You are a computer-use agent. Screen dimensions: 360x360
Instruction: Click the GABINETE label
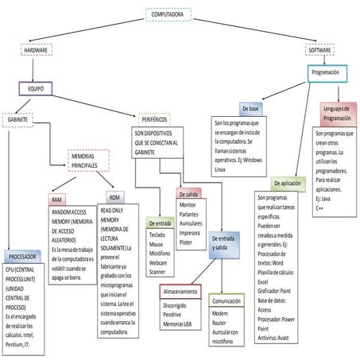coord(18,119)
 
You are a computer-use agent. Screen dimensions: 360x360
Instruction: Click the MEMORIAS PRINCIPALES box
coord(88,159)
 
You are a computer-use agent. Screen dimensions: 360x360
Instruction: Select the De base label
coord(249,106)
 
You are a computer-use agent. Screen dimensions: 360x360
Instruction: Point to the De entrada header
coord(161,224)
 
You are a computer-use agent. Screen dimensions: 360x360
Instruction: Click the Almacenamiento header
coord(180,292)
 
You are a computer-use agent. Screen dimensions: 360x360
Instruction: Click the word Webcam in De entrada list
coord(159,261)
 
